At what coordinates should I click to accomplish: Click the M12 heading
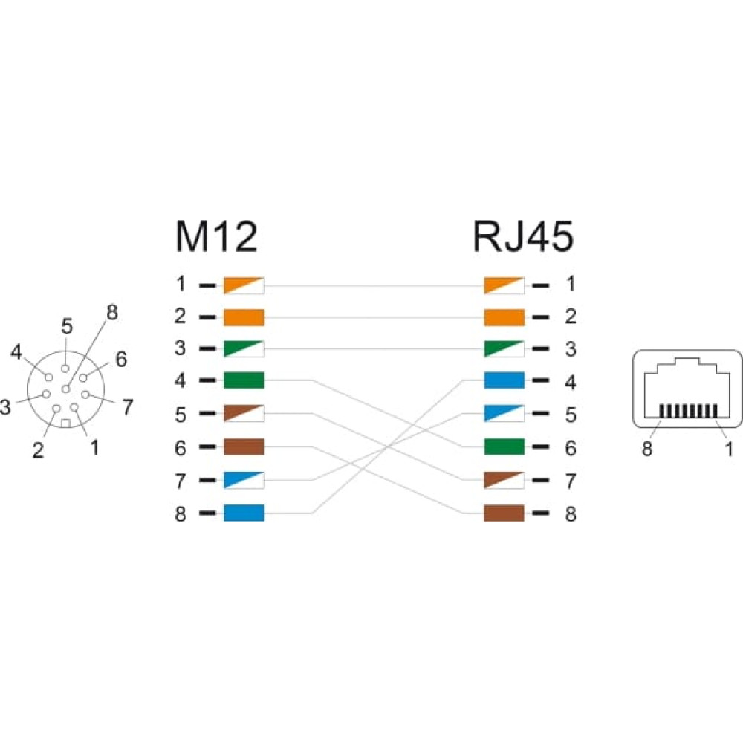(216, 236)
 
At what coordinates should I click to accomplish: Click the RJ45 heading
(523, 236)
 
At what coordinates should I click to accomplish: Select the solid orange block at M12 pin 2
(244, 317)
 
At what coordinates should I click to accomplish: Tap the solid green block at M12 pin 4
(244, 380)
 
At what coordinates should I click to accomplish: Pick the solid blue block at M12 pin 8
(244, 513)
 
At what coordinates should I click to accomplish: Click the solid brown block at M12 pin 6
(244, 447)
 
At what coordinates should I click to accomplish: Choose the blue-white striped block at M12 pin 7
(244, 480)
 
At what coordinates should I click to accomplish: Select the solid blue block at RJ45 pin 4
(504, 380)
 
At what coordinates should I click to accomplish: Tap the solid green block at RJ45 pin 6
(504, 447)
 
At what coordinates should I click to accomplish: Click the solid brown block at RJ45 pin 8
(504, 513)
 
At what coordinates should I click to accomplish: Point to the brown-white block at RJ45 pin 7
(504, 480)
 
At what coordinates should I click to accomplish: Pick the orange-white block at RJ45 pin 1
(504, 285)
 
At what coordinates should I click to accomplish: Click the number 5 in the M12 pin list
(181, 415)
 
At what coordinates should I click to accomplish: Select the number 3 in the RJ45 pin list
(571, 349)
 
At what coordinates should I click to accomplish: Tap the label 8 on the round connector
(112, 312)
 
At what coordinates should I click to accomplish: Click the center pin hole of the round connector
(66, 389)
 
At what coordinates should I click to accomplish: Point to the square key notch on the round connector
(66, 424)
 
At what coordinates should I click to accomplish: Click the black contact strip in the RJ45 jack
(689, 411)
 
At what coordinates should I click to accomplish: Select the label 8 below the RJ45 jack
(647, 448)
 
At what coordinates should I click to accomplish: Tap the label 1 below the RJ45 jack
(730, 448)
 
